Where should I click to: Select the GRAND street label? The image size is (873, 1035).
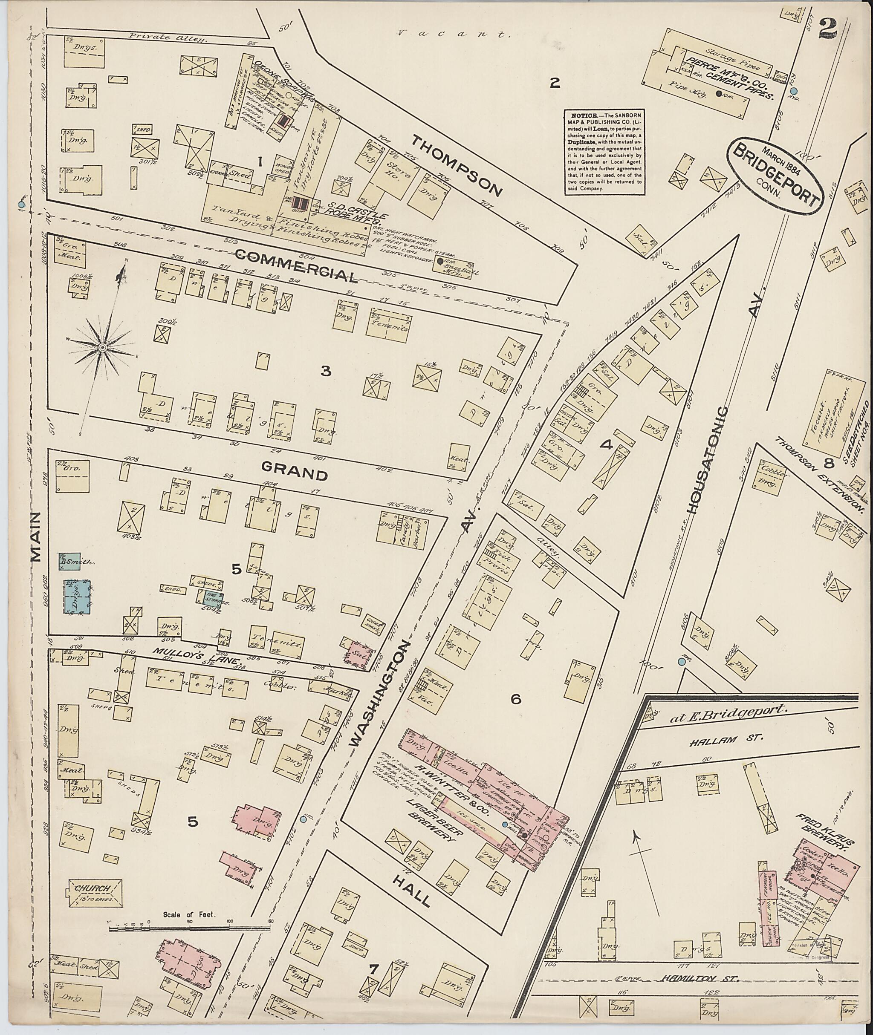[x=295, y=474]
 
